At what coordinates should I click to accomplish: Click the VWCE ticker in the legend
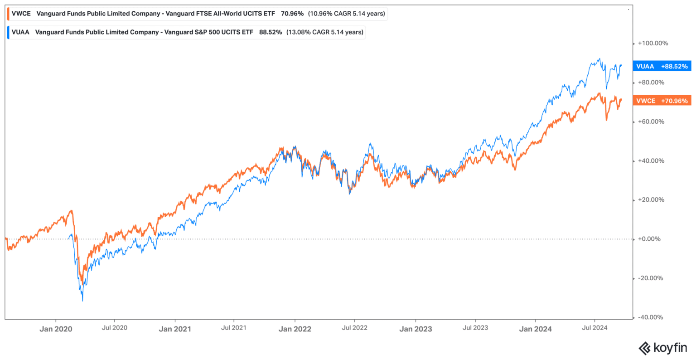coord(21,14)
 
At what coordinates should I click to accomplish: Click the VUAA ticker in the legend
coord(20,32)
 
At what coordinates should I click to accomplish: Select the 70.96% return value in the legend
coord(292,14)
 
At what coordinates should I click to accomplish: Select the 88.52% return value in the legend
coord(271,32)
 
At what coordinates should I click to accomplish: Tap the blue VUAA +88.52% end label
coord(662,66)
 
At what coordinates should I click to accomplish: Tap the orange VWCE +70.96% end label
coord(662,101)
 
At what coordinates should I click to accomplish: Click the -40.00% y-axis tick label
coord(651,317)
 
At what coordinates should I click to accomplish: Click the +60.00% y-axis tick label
coord(651,122)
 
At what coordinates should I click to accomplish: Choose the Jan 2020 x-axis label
coord(55,329)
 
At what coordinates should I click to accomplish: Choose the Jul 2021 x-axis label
coord(233,328)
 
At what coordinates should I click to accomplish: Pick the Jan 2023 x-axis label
coord(415,329)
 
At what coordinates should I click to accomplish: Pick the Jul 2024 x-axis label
coord(594,328)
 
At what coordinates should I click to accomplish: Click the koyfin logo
coord(662,348)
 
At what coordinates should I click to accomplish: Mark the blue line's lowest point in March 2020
coord(82,301)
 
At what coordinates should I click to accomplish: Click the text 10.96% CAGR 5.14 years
coord(347,14)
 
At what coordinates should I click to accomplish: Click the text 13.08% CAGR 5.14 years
coord(325,32)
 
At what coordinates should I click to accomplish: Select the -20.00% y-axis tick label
coord(651,278)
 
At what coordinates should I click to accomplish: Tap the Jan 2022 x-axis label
coord(295,329)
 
